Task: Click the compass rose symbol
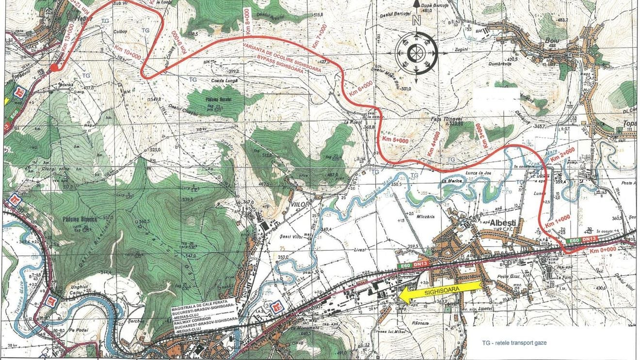[x=416, y=52]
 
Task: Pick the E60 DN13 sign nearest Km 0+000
[x=579, y=240]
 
